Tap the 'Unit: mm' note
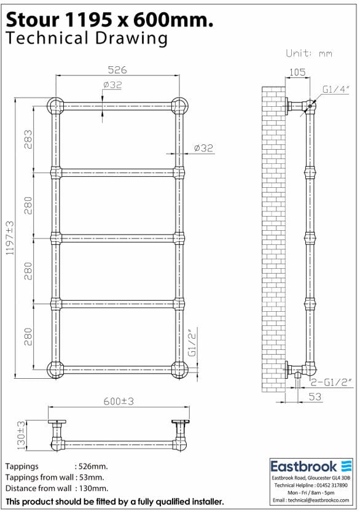[309, 53]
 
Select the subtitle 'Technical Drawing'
[86, 39]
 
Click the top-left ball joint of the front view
[56, 106]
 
